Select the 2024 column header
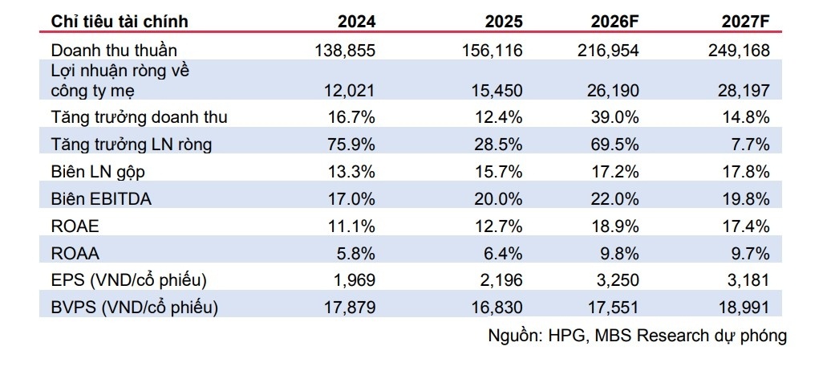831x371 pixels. pyautogui.click(x=357, y=22)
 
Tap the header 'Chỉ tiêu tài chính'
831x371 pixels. pyautogui.click(x=120, y=22)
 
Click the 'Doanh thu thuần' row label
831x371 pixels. pyautogui.click(x=114, y=51)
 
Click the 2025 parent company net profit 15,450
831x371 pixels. pyautogui.click(x=497, y=90)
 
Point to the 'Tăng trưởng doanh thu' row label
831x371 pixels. pyautogui.click(x=139, y=117)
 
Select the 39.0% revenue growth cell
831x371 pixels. pyautogui.click(x=614, y=117)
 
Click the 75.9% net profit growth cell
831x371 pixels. pyautogui.click(x=351, y=145)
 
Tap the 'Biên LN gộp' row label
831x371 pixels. pyautogui.click(x=98, y=172)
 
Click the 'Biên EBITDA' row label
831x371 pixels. pyautogui.click(x=101, y=199)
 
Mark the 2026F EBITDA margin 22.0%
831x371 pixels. pyautogui.click(x=614, y=199)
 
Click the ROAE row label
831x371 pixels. pyautogui.click(x=75, y=226)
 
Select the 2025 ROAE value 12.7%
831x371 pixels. pyautogui.click(x=498, y=226)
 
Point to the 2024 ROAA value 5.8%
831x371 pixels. pyautogui.click(x=356, y=254)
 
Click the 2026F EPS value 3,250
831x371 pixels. pyautogui.click(x=618, y=281)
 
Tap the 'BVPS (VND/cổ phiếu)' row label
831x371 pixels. pyautogui.click(x=134, y=308)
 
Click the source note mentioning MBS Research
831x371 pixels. pyautogui.click(x=637, y=336)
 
